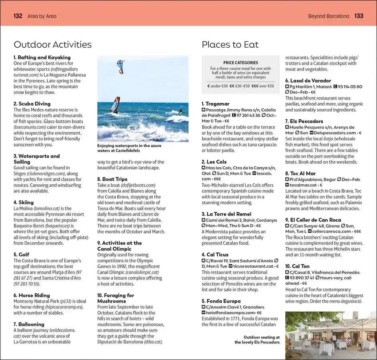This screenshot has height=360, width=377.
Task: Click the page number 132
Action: pos(18,16)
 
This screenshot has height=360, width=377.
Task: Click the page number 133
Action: pos(359,16)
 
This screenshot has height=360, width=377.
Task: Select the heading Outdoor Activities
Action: pos(52,44)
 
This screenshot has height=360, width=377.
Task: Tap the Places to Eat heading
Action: pos(230,44)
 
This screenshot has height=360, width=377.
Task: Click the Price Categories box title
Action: pos(241,63)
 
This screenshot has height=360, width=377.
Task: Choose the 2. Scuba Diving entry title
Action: pos(32,104)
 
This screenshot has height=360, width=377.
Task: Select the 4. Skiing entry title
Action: pos(24,202)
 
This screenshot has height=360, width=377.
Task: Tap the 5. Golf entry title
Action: pos(21,254)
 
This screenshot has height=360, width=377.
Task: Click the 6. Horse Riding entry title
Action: pos(32,295)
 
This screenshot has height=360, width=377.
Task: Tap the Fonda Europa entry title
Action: pos(221,301)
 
